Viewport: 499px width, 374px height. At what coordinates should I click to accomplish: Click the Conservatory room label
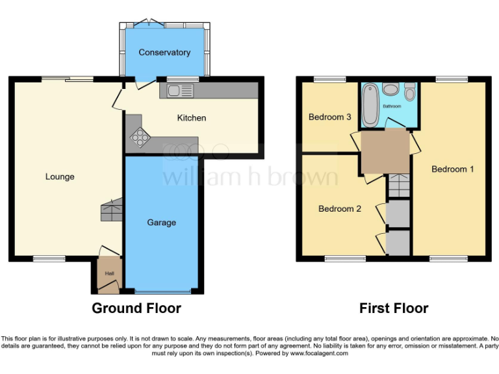[164, 53]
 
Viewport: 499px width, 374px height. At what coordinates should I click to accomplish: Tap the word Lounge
[60, 177]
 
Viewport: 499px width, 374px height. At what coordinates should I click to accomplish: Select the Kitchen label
[192, 118]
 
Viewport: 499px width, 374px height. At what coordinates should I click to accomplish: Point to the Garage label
[161, 223]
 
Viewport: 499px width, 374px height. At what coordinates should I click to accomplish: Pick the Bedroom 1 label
[453, 169]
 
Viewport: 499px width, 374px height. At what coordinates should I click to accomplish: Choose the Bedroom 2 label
[339, 209]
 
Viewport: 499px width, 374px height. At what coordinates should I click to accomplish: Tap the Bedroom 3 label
[330, 118]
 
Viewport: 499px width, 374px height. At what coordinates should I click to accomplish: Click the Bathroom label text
[391, 106]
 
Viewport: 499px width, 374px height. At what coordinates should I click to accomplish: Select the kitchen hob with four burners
[140, 137]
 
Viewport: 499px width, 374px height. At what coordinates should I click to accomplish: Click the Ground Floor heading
[136, 308]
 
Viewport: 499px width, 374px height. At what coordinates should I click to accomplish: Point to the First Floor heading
[394, 308]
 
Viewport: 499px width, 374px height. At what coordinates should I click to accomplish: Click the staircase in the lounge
[111, 210]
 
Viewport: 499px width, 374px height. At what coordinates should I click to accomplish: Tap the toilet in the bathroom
[410, 90]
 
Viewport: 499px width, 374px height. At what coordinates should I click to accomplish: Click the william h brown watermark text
[249, 177]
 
